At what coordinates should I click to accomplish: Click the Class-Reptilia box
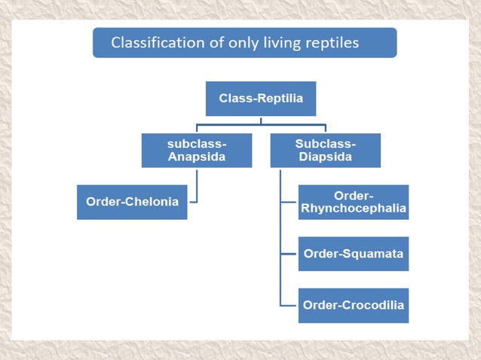(x=261, y=99)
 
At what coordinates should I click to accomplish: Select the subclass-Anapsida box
(x=197, y=150)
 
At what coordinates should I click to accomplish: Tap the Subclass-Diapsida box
(x=325, y=150)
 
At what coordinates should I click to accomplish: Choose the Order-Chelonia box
(x=132, y=202)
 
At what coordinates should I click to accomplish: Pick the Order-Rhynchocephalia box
(x=353, y=202)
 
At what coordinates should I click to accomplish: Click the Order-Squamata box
(x=353, y=254)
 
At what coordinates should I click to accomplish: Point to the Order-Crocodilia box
(x=353, y=305)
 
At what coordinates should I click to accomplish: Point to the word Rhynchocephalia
(x=353, y=209)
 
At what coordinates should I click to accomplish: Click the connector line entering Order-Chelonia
(x=192, y=202)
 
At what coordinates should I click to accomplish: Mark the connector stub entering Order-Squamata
(x=289, y=254)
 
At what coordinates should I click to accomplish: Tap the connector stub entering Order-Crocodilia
(x=289, y=305)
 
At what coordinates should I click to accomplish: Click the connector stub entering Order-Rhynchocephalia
(x=289, y=202)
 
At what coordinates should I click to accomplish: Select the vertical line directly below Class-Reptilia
(x=261, y=120)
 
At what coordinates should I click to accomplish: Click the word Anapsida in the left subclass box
(x=197, y=157)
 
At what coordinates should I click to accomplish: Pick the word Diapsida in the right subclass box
(x=325, y=157)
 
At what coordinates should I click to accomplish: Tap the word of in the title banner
(x=211, y=43)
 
